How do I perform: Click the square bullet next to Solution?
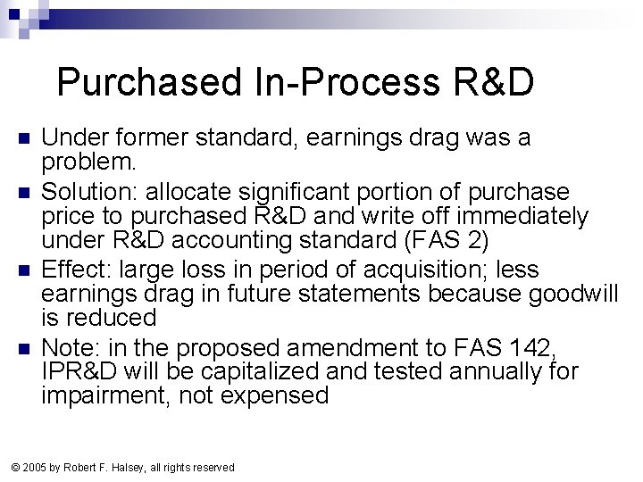(x=24, y=192)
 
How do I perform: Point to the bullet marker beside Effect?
(x=24, y=269)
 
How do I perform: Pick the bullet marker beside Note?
(x=24, y=345)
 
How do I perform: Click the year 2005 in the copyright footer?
(x=37, y=467)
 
